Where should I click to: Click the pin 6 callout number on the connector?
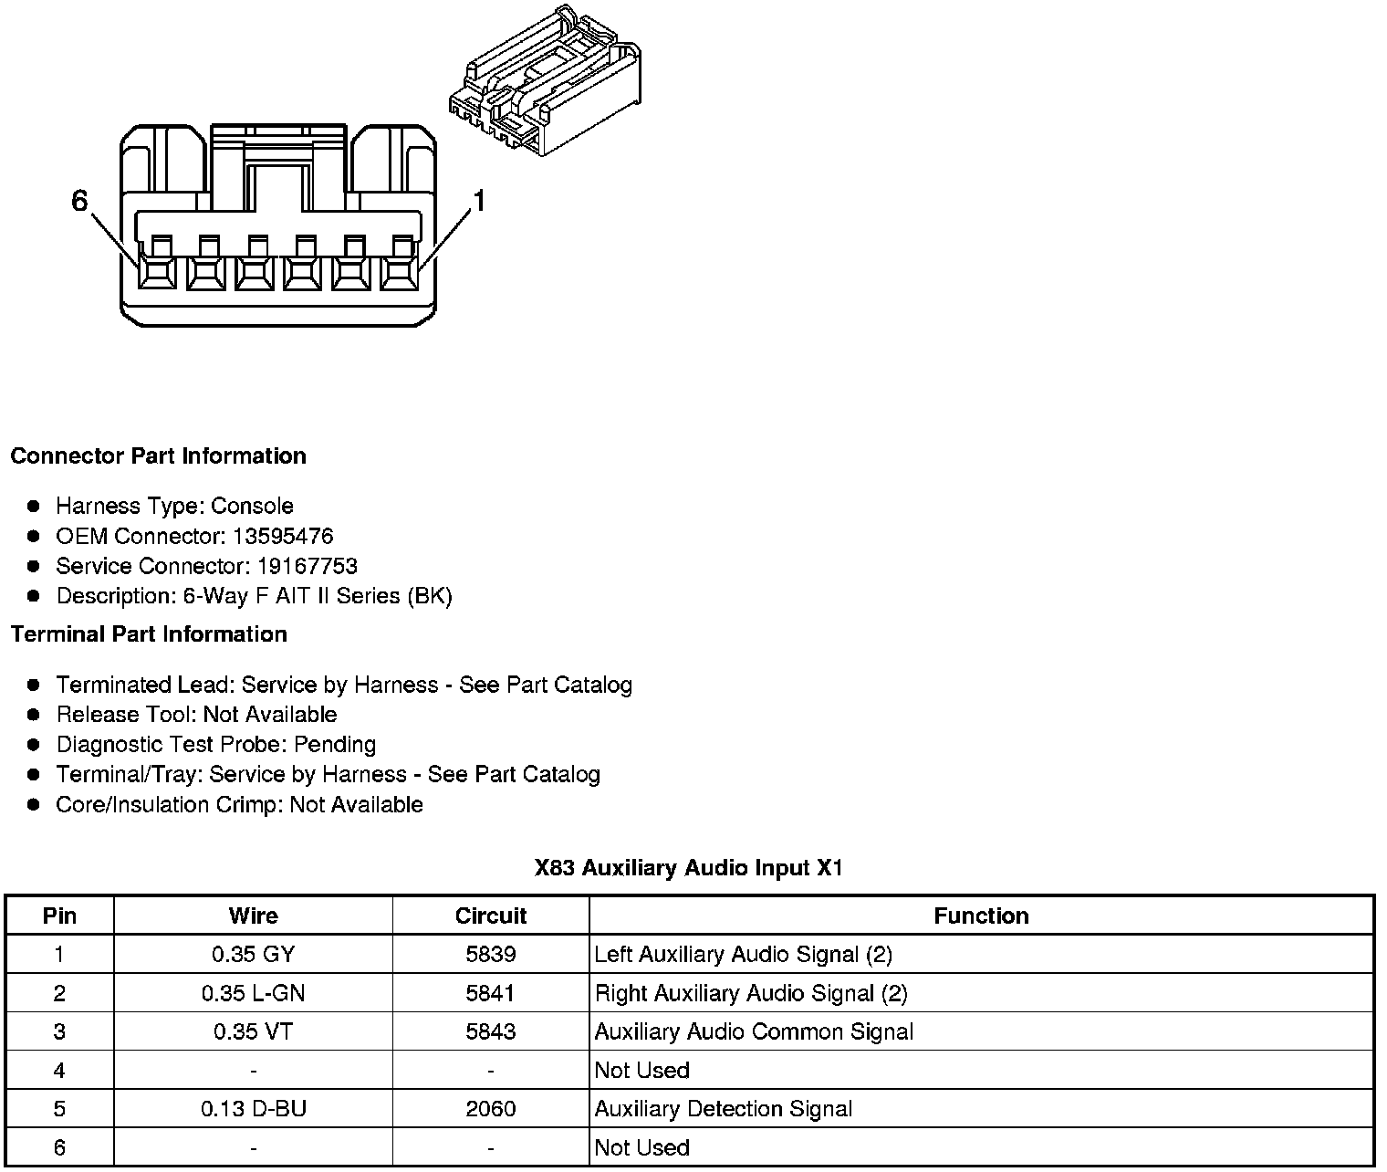point(79,201)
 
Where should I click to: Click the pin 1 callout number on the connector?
point(478,201)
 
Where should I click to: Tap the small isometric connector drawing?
point(545,83)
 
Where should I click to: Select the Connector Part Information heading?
point(158,456)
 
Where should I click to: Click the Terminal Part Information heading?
point(149,634)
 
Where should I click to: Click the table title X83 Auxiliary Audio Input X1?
point(689,868)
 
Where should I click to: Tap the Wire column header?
point(253,916)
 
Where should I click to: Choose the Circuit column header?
point(491,916)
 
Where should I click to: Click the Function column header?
point(981,916)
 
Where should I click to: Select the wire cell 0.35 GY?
point(253,955)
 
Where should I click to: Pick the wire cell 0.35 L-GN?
point(253,993)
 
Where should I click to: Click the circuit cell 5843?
point(491,1031)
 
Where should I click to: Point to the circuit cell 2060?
point(491,1109)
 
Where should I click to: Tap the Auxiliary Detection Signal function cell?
point(724,1109)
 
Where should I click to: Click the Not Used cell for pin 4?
point(641,1071)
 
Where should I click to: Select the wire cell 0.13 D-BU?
point(253,1109)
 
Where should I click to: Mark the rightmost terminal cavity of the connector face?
point(399,272)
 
